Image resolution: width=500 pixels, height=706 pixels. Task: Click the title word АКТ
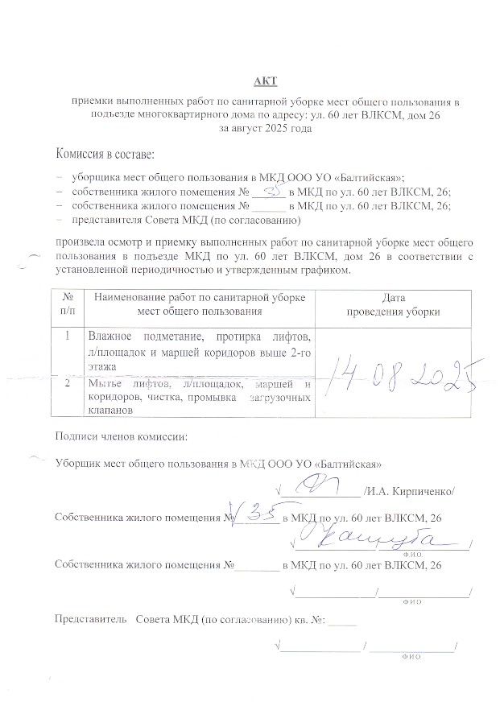coord(264,82)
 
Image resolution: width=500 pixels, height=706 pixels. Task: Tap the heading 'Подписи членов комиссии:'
coord(120,437)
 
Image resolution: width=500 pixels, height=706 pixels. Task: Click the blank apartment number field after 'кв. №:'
coord(342,620)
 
